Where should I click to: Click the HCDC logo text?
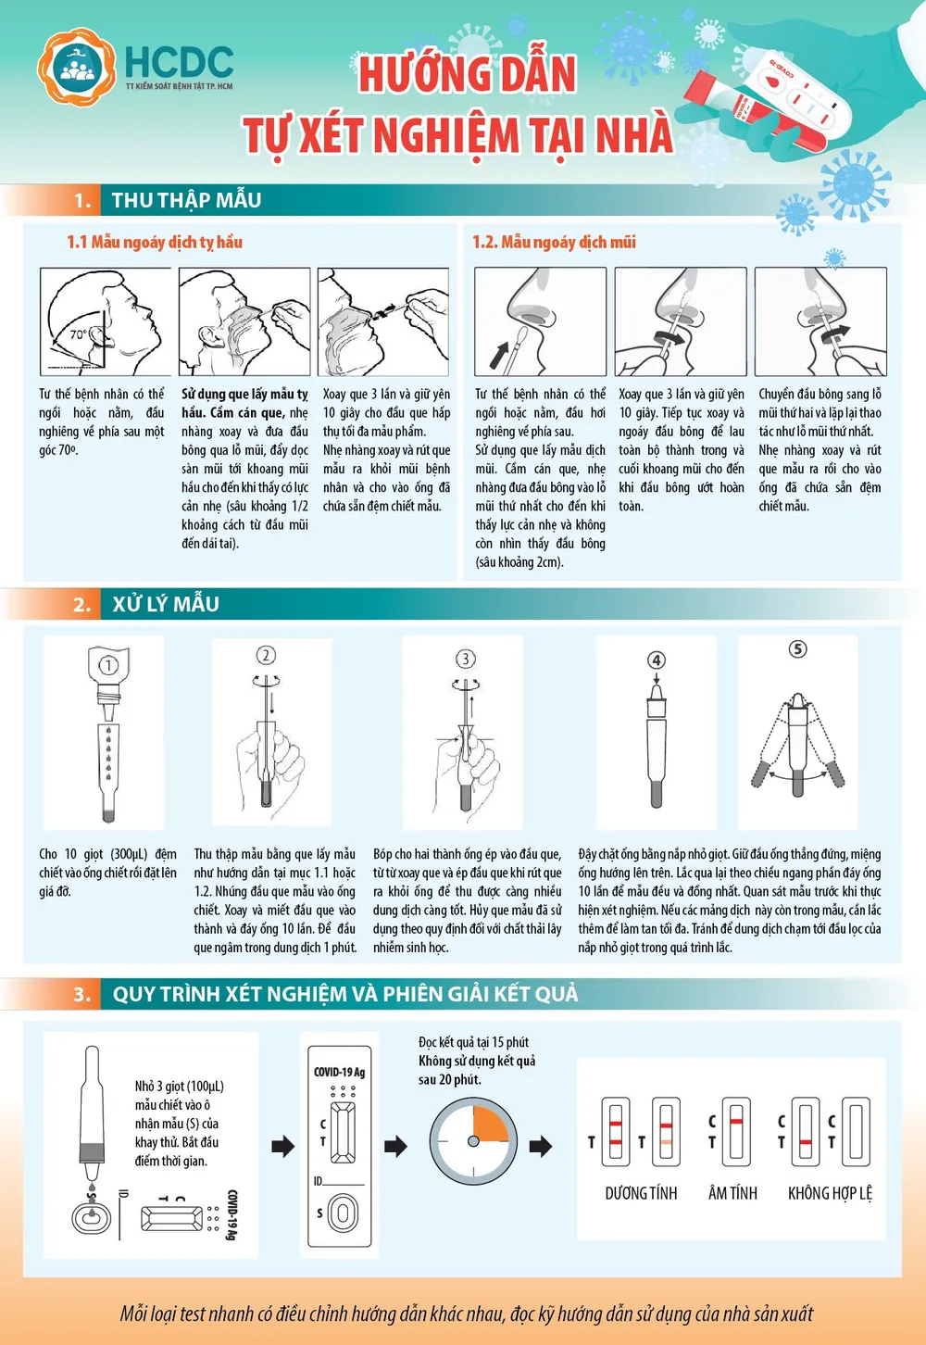(x=179, y=62)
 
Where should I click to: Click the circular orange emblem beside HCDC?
(x=77, y=66)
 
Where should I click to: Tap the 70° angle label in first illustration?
(x=79, y=334)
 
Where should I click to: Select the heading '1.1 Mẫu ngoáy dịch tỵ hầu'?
(x=155, y=242)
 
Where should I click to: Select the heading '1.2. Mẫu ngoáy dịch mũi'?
(x=554, y=242)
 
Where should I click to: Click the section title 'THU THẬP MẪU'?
(x=186, y=200)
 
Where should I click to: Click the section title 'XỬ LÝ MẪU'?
(x=166, y=604)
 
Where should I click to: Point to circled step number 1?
(x=108, y=664)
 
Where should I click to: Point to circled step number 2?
(x=266, y=655)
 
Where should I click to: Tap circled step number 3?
(x=466, y=658)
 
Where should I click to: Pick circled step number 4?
(x=656, y=660)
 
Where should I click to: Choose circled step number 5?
(x=797, y=648)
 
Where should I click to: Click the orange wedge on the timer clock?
(x=488, y=1125)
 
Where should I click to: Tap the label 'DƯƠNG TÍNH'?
(x=641, y=1193)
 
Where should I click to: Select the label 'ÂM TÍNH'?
(x=732, y=1193)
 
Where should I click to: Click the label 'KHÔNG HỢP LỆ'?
(x=830, y=1193)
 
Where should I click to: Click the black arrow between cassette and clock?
(x=395, y=1146)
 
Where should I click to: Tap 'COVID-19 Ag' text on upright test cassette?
(x=339, y=1072)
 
